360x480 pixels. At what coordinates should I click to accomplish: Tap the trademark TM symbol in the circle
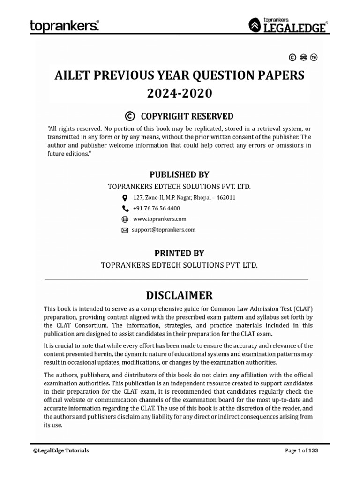320,58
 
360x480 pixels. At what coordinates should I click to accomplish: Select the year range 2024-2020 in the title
180,93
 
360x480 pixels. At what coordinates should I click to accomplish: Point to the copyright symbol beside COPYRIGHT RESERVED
130,116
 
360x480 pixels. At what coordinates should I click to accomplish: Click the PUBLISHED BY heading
179,174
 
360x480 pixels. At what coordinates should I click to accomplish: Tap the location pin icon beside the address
125,198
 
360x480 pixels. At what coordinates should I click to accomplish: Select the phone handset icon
125,209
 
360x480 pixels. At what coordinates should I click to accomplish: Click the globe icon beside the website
125,219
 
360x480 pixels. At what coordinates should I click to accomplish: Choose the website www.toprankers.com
160,219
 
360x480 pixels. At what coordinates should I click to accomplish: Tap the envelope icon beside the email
125,230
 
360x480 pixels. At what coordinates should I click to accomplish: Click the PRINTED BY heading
180,253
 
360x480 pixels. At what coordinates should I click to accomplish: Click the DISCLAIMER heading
180,295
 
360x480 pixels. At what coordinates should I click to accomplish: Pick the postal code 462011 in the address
226,197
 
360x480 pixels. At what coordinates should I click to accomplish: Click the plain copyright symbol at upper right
292,58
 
